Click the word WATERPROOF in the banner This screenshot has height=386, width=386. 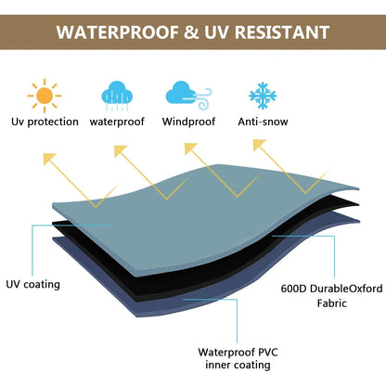pos(118,32)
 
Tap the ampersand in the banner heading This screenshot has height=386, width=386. pos(191,32)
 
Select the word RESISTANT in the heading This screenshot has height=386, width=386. pos(282,32)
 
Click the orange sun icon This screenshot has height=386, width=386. pos(45,96)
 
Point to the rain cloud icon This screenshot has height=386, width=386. pos(117,96)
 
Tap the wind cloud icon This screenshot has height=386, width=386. pos(188,96)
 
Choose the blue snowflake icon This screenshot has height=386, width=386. pos(263,96)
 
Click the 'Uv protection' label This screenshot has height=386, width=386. pos(45,122)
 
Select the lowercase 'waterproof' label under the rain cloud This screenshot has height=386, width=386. pos(117,122)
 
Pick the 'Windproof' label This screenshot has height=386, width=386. pos(188,122)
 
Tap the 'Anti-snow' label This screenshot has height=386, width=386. pos(263,122)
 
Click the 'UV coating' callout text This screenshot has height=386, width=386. pos(32,284)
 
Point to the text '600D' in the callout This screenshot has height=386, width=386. pos(293,289)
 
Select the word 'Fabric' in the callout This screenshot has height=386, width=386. pos(332,302)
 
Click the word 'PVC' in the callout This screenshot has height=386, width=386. pos(268,353)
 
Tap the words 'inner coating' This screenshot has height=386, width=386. pos(238,365)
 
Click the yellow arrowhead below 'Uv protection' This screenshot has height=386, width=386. pos(49,159)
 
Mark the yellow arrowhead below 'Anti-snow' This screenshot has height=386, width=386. pos(259,145)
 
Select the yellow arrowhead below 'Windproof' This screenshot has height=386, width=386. pos(190,148)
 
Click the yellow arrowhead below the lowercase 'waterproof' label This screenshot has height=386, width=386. pos(121,151)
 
